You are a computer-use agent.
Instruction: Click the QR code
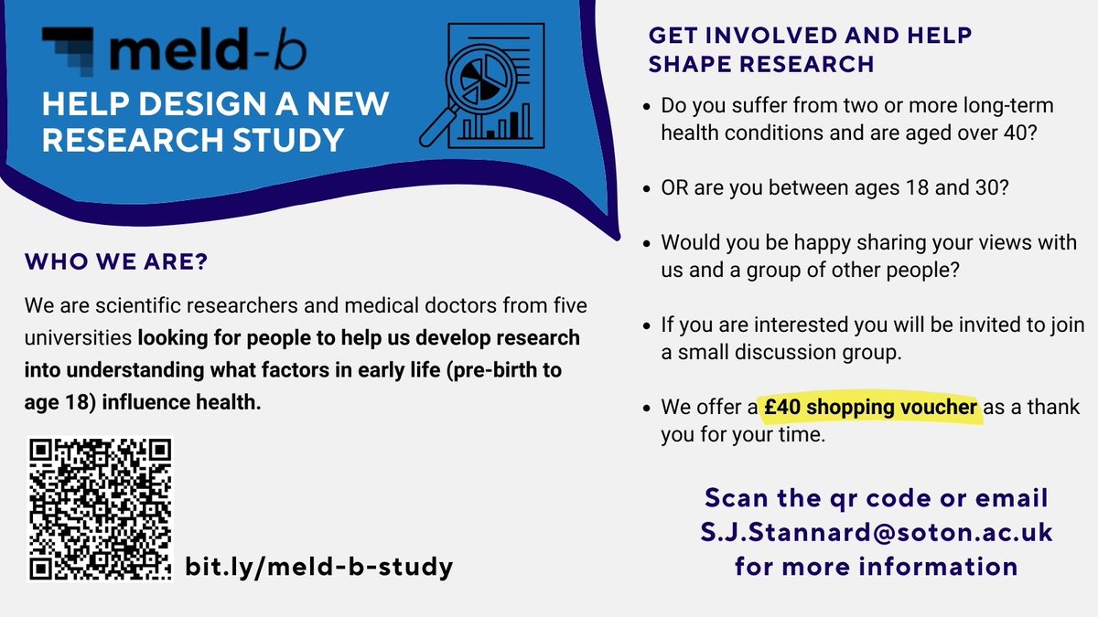[101, 508]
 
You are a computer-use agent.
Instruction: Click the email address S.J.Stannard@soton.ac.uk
[876, 531]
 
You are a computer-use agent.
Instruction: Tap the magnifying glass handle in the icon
[438, 128]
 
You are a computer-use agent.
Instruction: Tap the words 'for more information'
[876, 565]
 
